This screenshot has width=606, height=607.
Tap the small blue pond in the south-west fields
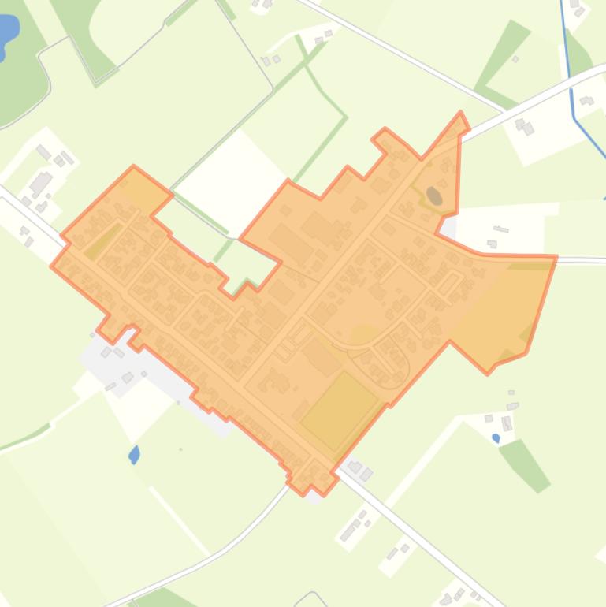(x=134, y=455)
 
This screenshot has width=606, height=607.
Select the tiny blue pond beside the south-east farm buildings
(x=496, y=438)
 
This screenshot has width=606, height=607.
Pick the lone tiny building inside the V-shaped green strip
(x=515, y=59)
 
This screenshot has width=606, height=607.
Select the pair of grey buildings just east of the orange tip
(x=523, y=125)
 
